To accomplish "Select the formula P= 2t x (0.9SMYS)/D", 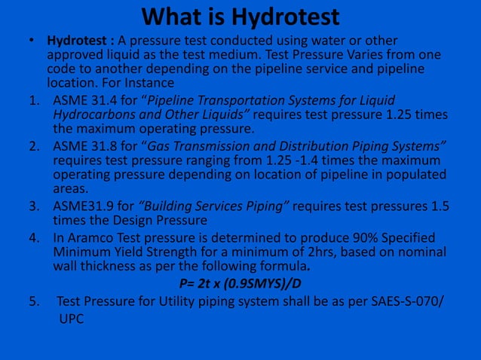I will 241,284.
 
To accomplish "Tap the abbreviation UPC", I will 70,319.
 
